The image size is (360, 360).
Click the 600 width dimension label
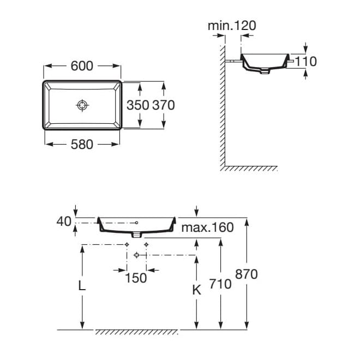coord(82,65)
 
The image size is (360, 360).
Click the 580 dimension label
coord(82,145)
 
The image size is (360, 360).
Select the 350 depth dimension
coord(137,105)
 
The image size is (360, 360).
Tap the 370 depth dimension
coord(163,105)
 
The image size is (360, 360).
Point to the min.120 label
coord(232,25)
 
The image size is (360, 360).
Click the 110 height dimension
coord(306,62)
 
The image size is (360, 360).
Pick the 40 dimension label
coord(64,221)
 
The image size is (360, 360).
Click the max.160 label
coord(207,227)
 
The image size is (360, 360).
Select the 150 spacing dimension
coord(136,278)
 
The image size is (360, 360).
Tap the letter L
coord(81,285)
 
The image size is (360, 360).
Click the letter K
coord(197,290)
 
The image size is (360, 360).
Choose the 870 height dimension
coord(247,274)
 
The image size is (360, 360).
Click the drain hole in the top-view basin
coord(82,105)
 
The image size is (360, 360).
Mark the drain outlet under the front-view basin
coord(136,235)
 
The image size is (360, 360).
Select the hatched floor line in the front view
coord(136,332)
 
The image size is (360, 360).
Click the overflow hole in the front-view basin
coord(137,223)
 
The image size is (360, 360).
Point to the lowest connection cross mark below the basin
coord(136,255)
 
